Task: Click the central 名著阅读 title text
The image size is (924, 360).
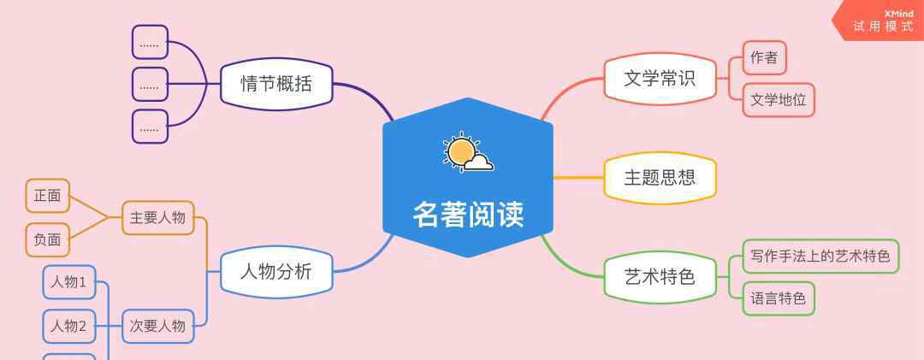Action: [468, 215]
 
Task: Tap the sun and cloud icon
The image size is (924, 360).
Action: [469, 152]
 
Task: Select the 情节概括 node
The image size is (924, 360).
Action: [276, 84]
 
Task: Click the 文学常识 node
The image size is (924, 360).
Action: [660, 79]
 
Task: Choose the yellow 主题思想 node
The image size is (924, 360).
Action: [660, 178]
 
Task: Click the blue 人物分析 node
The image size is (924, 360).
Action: [276, 272]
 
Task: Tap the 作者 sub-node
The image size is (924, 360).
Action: [764, 58]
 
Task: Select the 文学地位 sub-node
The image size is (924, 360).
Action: [779, 100]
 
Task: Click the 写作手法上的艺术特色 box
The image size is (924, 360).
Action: [820, 257]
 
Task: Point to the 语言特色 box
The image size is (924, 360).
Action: [779, 298]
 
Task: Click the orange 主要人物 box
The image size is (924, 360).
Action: [158, 218]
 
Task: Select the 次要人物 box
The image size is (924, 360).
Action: [158, 326]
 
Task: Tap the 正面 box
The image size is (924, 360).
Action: [48, 196]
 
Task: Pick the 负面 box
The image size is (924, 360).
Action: [48, 239]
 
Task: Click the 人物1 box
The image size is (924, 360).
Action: [69, 282]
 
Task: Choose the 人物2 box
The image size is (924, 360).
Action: [69, 326]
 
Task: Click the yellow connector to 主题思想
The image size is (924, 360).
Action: [578, 178]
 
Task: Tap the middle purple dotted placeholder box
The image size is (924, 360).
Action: [150, 85]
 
